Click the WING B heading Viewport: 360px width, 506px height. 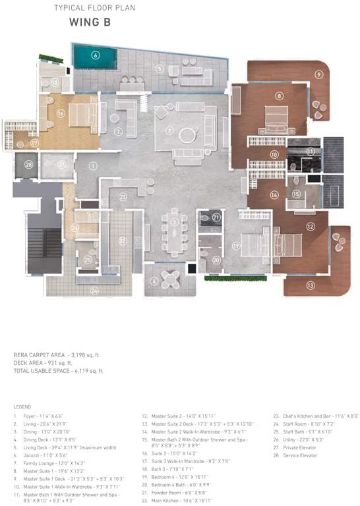(90, 22)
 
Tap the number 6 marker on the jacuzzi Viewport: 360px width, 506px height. (96, 55)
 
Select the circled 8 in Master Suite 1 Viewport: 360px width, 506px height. (280, 97)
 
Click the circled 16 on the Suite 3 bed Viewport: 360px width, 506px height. (60, 113)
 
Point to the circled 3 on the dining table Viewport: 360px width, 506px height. (174, 222)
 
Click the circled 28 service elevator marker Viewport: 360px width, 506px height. (28, 165)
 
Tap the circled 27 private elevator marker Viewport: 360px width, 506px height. (61, 165)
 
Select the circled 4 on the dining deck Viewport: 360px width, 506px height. (154, 281)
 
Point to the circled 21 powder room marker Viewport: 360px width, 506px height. (216, 217)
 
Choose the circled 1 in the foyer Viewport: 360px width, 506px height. (93, 165)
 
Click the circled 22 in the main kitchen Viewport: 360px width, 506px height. (122, 241)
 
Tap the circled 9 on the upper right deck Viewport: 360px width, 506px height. (318, 74)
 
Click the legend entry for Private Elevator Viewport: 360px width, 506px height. (295, 447)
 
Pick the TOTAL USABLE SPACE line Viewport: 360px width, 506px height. (59, 371)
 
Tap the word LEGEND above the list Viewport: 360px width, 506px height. (22, 407)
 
